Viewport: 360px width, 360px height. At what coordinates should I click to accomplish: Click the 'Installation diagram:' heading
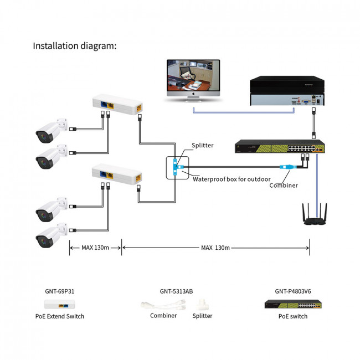pos(75,45)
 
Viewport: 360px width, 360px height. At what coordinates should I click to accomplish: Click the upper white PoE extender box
pos(117,104)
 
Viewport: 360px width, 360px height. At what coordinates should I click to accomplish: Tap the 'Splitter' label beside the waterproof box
pos(202,146)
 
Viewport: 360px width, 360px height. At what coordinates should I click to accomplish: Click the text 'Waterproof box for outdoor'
pos(232,179)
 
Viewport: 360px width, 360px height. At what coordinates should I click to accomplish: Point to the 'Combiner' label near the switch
pos(284,186)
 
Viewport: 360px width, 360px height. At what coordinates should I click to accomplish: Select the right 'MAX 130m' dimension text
pos(215,248)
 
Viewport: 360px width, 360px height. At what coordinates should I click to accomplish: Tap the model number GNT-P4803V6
pos(293,290)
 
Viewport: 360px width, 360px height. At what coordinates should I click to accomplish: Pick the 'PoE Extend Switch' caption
pos(64,316)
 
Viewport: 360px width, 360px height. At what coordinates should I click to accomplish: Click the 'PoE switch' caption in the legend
pos(293,316)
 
